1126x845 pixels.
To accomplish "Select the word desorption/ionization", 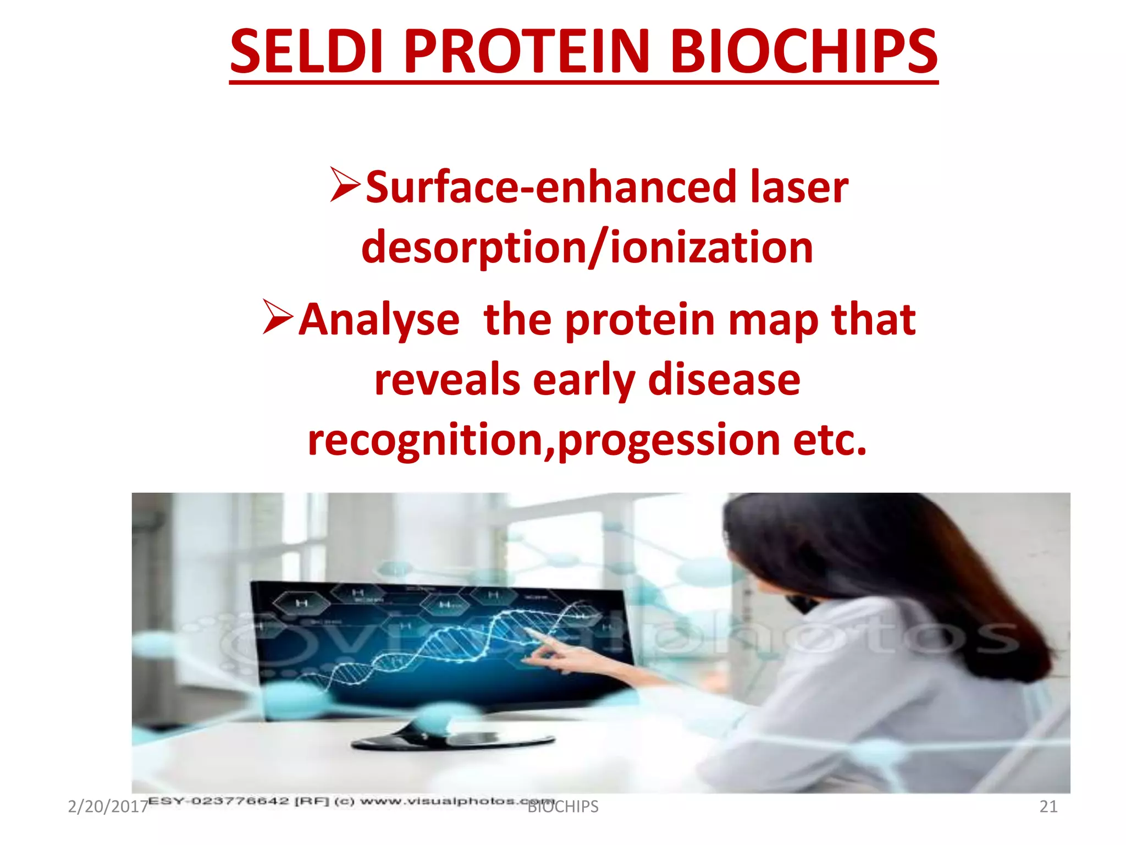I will (x=587, y=248).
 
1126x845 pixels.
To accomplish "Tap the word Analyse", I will (x=379, y=320).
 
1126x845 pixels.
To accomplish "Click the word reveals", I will (x=447, y=380).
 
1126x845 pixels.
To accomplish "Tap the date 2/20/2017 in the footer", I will (x=108, y=806).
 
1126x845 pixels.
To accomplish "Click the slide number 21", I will (x=1048, y=806).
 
